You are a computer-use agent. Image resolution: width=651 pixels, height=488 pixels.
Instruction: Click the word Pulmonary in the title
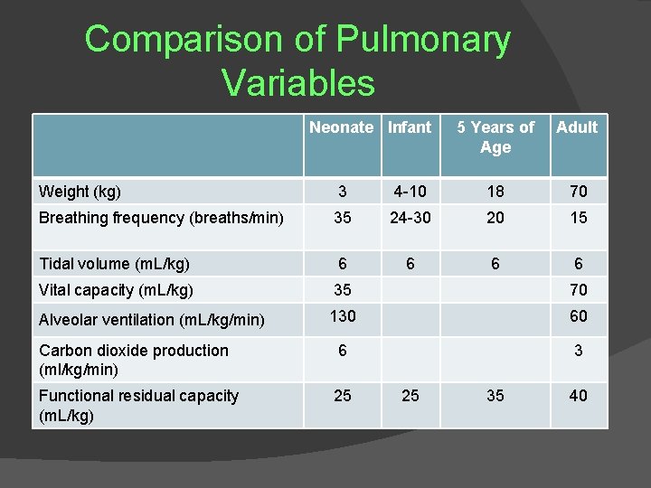pyautogui.click(x=423, y=41)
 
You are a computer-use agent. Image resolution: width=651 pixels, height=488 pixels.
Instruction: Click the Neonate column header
pyautogui.click(x=341, y=127)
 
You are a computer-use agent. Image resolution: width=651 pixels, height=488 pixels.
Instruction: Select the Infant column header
pyautogui.click(x=410, y=127)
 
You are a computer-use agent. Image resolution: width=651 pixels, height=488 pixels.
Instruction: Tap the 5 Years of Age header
pyautogui.click(x=495, y=137)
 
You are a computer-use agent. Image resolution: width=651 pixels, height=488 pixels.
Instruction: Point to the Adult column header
pyautogui.click(x=577, y=127)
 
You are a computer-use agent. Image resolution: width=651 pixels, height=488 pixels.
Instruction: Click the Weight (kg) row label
pyautogui.click(x=80, y=192)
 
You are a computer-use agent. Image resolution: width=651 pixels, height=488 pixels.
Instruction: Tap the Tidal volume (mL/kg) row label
pyautogui.click(x=114, y=264)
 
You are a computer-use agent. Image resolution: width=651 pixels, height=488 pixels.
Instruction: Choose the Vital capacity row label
pyautogui.click(x=116, y=291)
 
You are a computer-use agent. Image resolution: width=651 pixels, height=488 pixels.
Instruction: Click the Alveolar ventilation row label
pyautogui.click(x=151, y=319)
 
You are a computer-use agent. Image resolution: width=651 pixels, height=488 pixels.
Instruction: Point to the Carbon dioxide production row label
pyautogui.click(x=133, y=360)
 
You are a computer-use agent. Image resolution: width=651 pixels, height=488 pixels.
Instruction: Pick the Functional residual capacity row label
pyautogui.click(x=138, y=405)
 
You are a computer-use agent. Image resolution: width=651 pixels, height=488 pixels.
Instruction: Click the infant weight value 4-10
pyautogui.click(x=410, y=192)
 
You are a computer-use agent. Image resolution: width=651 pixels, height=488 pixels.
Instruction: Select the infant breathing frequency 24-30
pyautogui.click(x=410, y=218)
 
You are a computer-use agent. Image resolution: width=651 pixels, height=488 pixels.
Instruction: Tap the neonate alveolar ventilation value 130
pyautogui.click(x=343, y=316)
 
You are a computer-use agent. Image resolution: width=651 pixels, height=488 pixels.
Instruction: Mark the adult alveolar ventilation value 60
pyautogui.click(x=578, y=316)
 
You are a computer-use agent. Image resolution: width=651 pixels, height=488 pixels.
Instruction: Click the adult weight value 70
pyautogui.click(x=578, y=192)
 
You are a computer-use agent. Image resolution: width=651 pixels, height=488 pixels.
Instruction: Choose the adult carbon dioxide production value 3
pyautogui.click(x=578, y=351)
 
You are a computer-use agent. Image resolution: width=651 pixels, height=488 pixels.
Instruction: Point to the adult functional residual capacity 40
pyautogui.click(x=578, y=396)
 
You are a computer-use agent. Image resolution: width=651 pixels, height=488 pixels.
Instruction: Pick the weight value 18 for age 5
pyautogui.click(x=495, y=192)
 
